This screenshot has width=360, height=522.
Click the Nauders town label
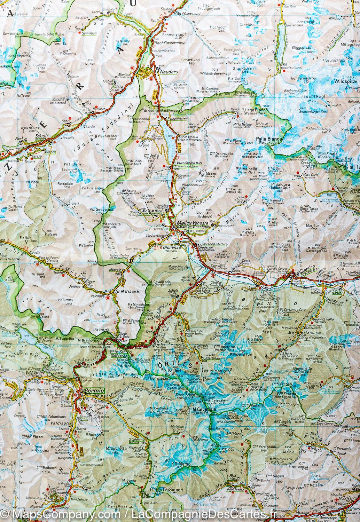pos(170,72)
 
